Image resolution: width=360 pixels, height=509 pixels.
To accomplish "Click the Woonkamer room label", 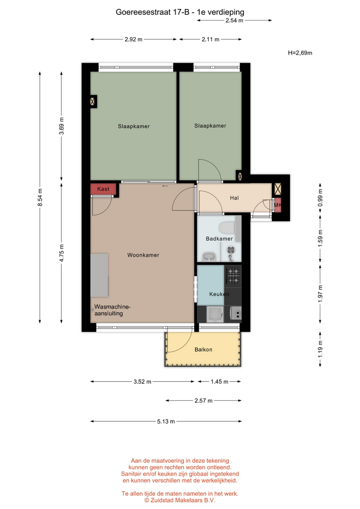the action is [143, 255].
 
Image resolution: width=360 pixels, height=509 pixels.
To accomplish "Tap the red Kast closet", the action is [103, 189].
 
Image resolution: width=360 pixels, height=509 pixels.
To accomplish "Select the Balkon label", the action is [203, 349].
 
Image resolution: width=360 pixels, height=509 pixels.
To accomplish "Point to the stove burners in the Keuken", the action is [233, 275].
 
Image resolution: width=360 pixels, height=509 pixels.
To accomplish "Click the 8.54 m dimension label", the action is [40, 197].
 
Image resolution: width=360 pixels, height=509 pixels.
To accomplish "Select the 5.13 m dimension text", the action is [166, 422].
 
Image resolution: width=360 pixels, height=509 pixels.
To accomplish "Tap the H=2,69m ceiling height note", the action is [300, 53].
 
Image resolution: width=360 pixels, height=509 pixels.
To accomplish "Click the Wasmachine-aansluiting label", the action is [112, 310].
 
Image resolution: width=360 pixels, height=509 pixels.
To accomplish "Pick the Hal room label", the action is [234, 198].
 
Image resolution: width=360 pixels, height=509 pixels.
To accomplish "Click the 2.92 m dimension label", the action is [134, 39].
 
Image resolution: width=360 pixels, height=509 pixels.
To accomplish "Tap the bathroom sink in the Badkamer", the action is [209, 257].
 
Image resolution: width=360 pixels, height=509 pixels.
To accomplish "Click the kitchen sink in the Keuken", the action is [215, 314].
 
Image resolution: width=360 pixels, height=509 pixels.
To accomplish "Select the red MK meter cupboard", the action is [277, 205].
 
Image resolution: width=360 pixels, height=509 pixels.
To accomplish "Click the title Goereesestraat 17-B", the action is [153, 12].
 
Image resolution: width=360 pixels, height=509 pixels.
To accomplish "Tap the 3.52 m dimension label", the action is [142, 382].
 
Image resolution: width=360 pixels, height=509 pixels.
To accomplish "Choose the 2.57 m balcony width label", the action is [204, 401].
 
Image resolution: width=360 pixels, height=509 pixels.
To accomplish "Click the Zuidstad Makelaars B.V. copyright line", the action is [180, 500].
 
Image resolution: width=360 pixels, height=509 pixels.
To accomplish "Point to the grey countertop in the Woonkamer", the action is [99, 275].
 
